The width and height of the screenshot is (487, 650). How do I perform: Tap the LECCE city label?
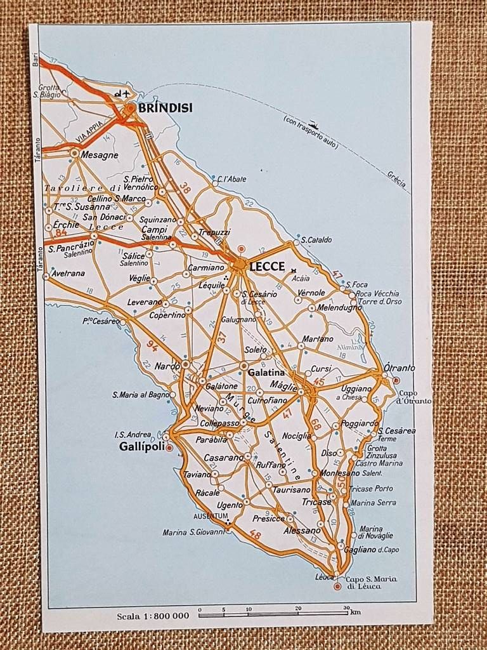pyautogui.click(x=266, y=267)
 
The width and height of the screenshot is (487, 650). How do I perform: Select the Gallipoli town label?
pyautogui.click(x=141, y=447)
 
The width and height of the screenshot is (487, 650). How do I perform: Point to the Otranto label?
pyautogui.click(x=400, y=368)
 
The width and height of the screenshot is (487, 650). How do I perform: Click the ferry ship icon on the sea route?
pyautogui.click(x=313, y=126)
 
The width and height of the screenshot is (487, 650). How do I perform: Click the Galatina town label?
pyautogui.click(x=267, y=373)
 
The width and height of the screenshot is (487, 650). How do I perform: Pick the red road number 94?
pyautogui.click(x=152, y=345)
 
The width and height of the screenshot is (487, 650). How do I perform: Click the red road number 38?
pyautogui.click(x=185, y=188)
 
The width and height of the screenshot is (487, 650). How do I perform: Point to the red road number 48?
pyautogui.click(x=255, y=535)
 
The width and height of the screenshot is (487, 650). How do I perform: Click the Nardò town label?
pyautogui.click(x=167, y=366)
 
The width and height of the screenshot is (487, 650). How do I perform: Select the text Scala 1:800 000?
pyautogui.click(x=153, y=616)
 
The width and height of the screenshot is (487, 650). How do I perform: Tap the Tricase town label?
pyautogui.click(x=316, y=501)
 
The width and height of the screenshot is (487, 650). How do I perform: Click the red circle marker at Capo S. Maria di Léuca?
pyautogui.click(x=337, y=586)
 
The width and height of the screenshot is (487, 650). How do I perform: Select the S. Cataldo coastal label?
pyautogui.click(x=316, y=241)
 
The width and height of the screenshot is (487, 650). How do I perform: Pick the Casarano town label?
pyautogui.click(x=223, y=457)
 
